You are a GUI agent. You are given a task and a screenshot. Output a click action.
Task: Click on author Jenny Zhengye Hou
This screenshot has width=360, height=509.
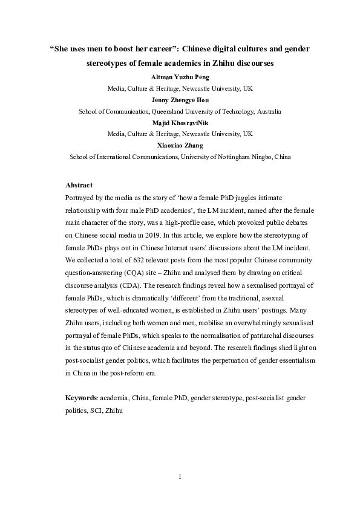click(180, 101)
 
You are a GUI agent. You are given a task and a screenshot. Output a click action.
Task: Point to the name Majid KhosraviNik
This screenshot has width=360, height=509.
click(180, 123)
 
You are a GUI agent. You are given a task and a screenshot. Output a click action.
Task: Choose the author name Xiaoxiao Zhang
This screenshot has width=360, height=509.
click(180, 145)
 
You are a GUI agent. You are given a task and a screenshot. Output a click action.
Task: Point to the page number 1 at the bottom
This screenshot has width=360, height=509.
click(180, 478)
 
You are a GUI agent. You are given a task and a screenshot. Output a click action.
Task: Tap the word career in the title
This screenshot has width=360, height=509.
click(154, 49)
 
